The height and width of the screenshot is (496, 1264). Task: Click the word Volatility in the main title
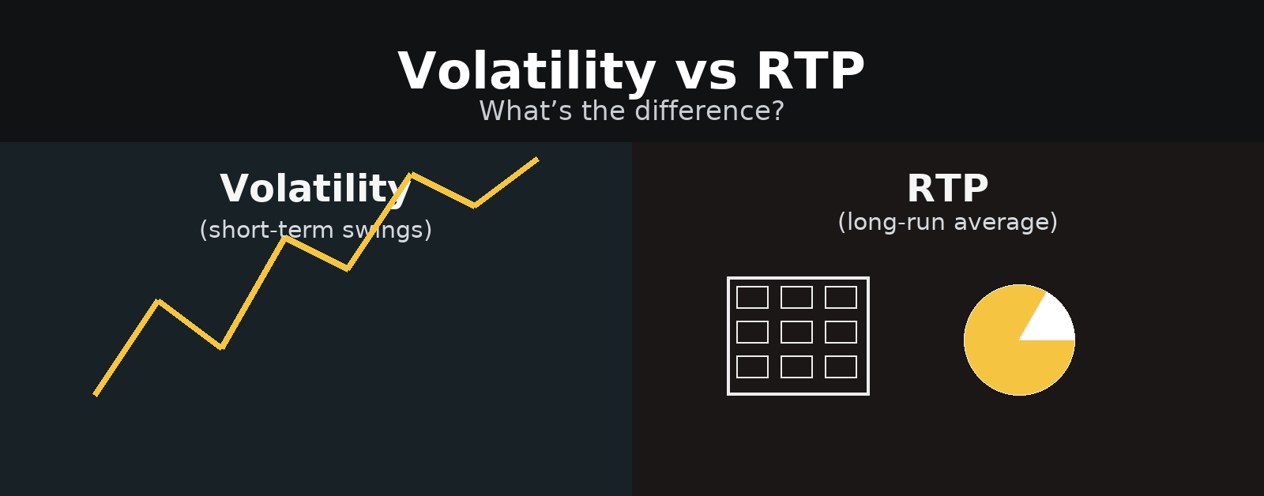[527, 72]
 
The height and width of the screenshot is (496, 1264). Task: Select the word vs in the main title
[706, 76]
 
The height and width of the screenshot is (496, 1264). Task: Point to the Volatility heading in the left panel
[315, 190]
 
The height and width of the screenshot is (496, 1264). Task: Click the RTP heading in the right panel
[947, 189]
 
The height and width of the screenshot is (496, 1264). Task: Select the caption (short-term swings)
[315, 230]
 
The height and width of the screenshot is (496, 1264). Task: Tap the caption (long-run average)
[947, 222]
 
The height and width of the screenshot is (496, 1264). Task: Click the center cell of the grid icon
[797, 333]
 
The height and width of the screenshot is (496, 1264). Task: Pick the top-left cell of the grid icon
[752, 298]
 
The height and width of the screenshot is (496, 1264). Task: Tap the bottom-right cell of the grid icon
[841, 366]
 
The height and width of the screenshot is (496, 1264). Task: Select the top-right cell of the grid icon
[841, 298]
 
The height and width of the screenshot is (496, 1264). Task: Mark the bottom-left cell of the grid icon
[752, 366]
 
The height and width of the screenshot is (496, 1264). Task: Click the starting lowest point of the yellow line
[96, 394]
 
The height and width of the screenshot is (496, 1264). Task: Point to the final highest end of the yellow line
[537, 160]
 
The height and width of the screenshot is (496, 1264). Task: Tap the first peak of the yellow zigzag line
[159, 302]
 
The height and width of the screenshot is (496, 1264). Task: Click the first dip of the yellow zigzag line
[222, 347]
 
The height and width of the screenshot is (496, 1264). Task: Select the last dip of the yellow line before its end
[475, 205]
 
